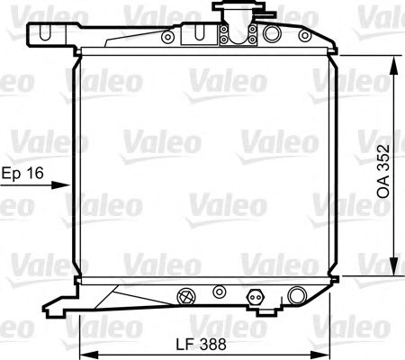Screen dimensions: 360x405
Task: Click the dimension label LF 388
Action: click(x=200, y=343)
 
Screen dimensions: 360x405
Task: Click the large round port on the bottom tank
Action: click(x=297, y=293)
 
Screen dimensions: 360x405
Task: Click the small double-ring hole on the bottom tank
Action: click(x=219, y=292)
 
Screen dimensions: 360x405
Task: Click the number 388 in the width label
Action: click(x=211, y=343)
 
